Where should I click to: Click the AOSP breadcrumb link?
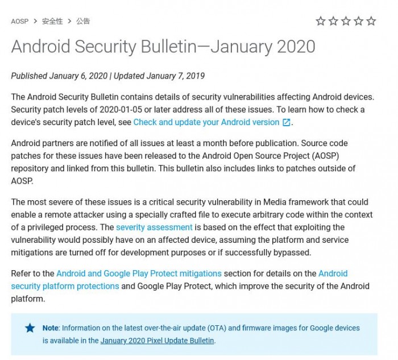[x=20, y=21]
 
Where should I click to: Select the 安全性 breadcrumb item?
[x=52, y=21]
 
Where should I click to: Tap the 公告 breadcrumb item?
[x=83, y=21]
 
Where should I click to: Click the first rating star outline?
[x=321, y=21]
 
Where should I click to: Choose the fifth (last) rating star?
[x=371, y=21]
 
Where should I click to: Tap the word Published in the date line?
[x=29, y=76]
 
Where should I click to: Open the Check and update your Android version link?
[x=206, y=122]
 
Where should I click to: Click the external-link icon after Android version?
[x=287, y=122]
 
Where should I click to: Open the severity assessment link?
[x=154, y=227]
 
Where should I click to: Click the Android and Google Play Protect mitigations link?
[x=139, y=274]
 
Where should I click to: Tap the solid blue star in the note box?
[x=30, y=328]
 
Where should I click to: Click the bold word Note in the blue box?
[x=51, y=328]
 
